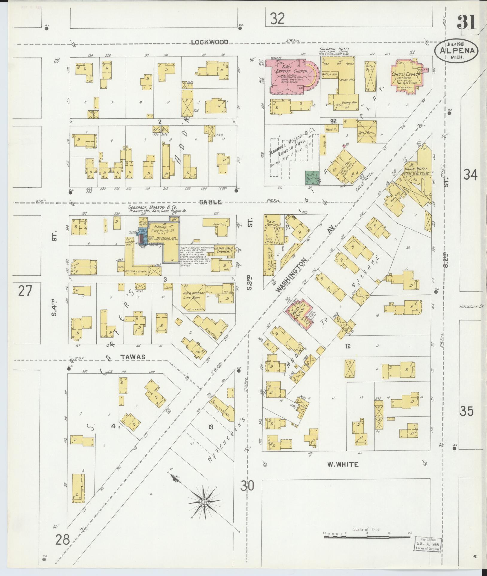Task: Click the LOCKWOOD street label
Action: pos(210,42)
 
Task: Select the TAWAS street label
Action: pos(133,357)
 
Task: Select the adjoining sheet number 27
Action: pos(25,291)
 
